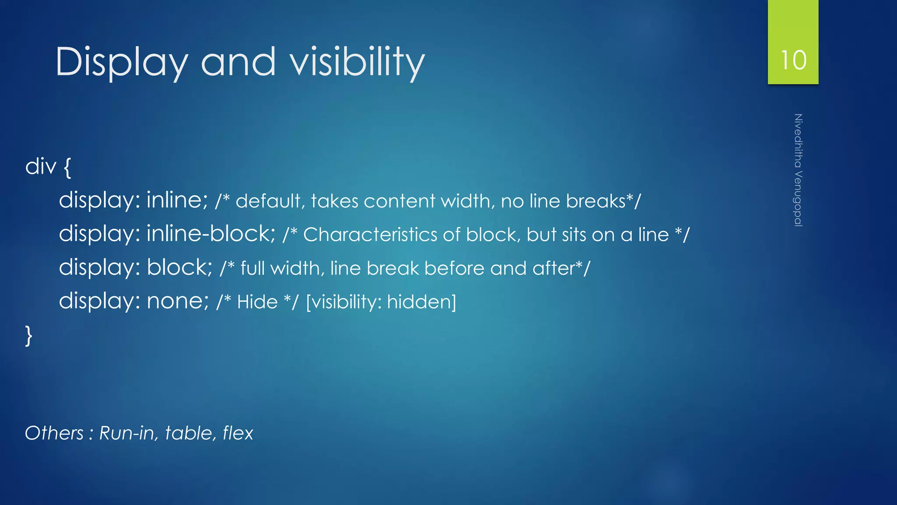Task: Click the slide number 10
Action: [793, 60]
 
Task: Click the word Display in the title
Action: [122, 62]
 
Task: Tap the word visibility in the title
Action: [357, 62]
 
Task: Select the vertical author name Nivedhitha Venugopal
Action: [798, 170]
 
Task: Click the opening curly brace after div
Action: [67, 167]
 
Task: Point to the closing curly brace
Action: [28, 336]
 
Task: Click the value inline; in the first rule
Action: [177, 200]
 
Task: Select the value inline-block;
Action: [211, 234]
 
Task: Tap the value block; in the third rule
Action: [179, 267]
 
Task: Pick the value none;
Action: [178, 301]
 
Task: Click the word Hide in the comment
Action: [257, 302]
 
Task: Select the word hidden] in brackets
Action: [421, 302]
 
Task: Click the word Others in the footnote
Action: [54, 433]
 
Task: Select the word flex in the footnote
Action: [238, 433]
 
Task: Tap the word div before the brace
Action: [41, 167]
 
